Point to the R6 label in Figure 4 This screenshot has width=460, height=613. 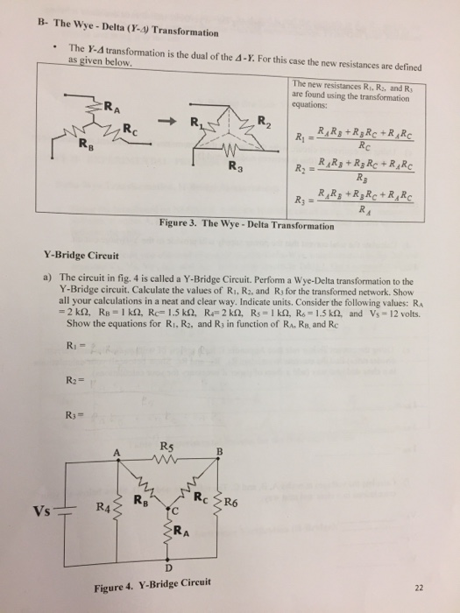[230, 502]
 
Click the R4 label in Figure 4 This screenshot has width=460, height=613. [103, 507]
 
